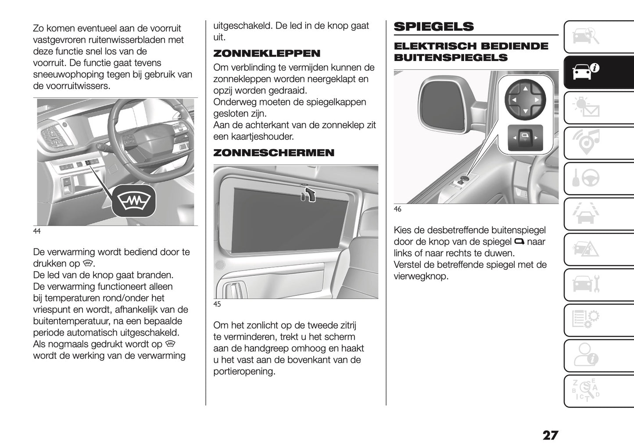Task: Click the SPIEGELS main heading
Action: pos(433,26)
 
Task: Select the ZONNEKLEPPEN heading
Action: pos(266,54)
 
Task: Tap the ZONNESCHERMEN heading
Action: pos(273,153)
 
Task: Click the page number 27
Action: pos(550,435)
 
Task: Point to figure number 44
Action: pos(37,231)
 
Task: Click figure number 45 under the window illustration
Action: pos(217,304)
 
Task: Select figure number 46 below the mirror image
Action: pos(397,209)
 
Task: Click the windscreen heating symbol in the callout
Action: pos(133,201)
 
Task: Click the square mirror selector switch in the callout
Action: pos(525,137)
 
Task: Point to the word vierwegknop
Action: pos(421,276)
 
